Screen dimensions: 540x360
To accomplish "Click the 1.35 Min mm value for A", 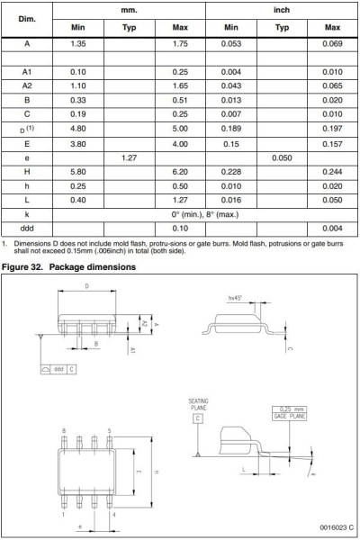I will (x=77, y=43).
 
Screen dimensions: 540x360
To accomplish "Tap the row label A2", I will (x=27, y=85).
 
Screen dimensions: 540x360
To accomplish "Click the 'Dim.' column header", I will (x=27, y=18).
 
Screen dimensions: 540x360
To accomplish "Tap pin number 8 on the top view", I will (x=64, y=431).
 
